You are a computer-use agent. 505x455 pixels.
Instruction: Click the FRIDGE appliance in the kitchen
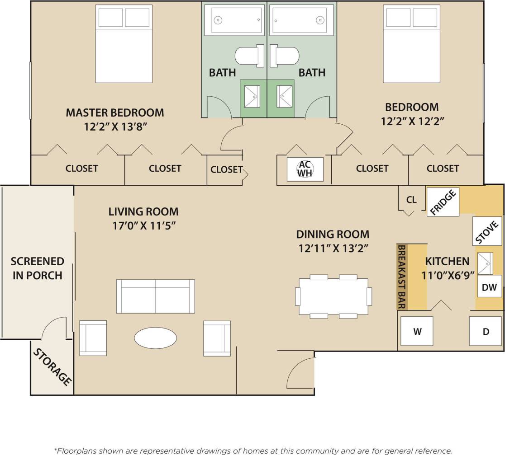pyautogui.click(x=443, y=201)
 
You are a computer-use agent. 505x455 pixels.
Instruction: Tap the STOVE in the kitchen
pyautogui.click(x=487, y=232)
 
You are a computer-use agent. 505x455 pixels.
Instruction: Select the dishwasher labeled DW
pyautogui.click(x=489, y=287)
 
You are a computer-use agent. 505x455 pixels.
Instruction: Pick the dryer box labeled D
pyautogui.click(x=486, y=331)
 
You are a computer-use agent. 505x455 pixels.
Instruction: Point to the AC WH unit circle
pyautogui.click(x=305, y=169)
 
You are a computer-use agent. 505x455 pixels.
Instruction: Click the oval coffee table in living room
pyautogui.click(x=155, y=338)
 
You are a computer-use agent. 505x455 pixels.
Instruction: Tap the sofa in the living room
pyautogui.click(x=155, y=296)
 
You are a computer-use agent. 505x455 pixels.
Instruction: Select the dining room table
pyautogui.click(x=333, y=296)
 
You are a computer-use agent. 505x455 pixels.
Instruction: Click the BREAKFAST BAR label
pyautogui.click(x=401, y=277)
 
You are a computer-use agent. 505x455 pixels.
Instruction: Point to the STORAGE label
pyautogui.click(x=52, y=366)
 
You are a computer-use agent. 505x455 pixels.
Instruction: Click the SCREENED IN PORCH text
pyautogui.click(x=38, y=268)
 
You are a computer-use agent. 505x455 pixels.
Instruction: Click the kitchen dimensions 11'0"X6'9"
pyautogui.click(x=447, y=275)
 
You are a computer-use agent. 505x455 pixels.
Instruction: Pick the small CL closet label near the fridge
pyautogui.click(x=411, y=199)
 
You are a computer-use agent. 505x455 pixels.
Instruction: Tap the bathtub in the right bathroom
pyautogui.click(x=301, y=20)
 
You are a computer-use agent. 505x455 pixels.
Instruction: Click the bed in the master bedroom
pyautogui.click(x=124, y=44)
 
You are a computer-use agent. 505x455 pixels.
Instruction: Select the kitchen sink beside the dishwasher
pyautogui.click(x=486, y=263)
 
